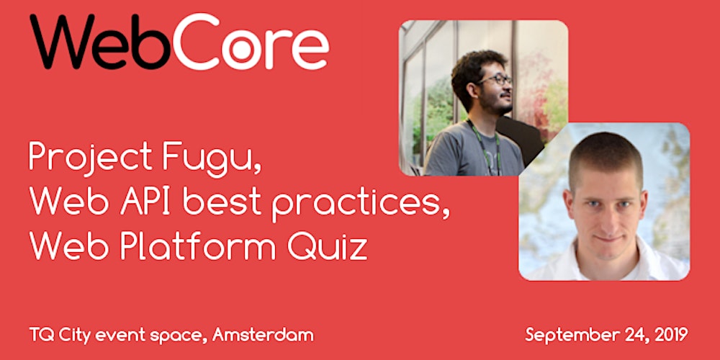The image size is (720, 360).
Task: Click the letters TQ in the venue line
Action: click(41, 335)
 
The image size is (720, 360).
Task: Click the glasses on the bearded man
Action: click(497, 80)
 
